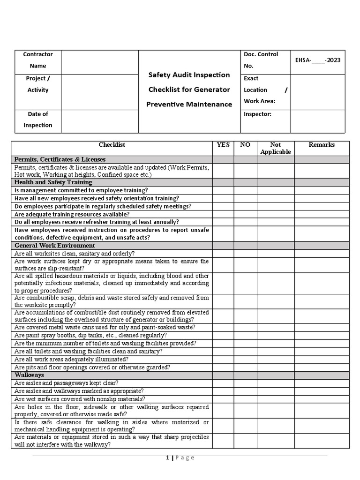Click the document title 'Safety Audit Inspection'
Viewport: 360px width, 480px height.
tap(189, 75)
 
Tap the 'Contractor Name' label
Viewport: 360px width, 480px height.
tap(38, 60)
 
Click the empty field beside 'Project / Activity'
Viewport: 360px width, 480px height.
tap(99, 91)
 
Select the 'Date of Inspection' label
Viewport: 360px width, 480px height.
tap(38, 120)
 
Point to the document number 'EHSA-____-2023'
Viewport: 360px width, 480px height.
tap(318, 60)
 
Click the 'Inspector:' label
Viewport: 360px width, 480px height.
tap(257, 114)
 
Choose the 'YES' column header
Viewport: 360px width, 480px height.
tap(223, 145)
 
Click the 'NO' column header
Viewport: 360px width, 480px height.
tap(245, 145)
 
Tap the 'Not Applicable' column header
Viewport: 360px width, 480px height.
tap(276, 148)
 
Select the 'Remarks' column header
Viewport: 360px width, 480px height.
tap(322, 145)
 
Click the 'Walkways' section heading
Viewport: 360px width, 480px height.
tap(30, 375)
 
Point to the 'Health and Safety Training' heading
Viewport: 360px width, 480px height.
tap(53, 182)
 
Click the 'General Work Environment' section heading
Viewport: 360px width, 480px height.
tap(55, 245)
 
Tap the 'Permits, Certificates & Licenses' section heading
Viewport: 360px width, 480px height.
tap(60, 159)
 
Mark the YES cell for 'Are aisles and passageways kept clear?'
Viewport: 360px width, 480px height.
tap(223, 383)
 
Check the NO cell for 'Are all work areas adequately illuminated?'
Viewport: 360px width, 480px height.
tap(245, 359)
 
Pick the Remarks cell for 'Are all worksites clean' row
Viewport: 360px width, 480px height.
tap(322, 253)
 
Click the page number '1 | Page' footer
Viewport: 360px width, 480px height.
tap(180, 458)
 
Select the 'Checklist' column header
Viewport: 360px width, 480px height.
tap(112, 145)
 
